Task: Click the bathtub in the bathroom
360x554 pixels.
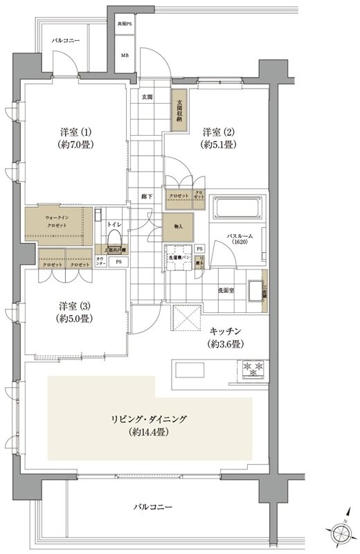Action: point(237,209)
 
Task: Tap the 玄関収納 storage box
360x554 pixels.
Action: point(179,109)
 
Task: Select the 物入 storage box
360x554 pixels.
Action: point(178,226)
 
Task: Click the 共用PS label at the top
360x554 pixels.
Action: point(125,24)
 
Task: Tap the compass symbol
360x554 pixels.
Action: point(341,534)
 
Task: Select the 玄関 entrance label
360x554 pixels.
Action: point(147,96)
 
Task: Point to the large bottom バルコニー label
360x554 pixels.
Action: point(153,508)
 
